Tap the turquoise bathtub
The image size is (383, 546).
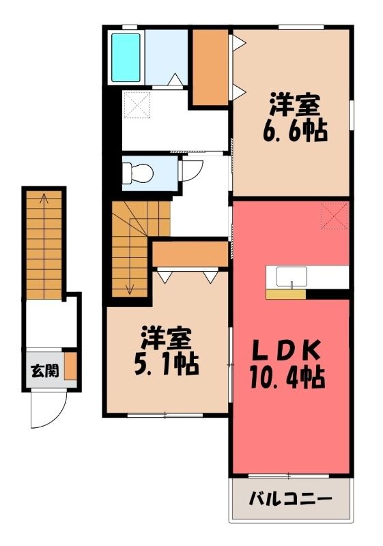point(126,57)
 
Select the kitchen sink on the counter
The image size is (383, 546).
point(292,277)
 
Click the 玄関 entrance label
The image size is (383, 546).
point(45,371)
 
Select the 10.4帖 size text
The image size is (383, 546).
point(287,378)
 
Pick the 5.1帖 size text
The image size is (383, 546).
point(167,364)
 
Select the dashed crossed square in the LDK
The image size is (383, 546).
point(335,216)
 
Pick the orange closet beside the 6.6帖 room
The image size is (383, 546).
point(210,67)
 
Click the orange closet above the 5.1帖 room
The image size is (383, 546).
point(190,254)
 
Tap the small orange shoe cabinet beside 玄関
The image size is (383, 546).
point(71,366)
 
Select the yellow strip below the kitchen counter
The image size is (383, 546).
point(285,294)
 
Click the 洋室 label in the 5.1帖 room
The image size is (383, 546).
point(167,338)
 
